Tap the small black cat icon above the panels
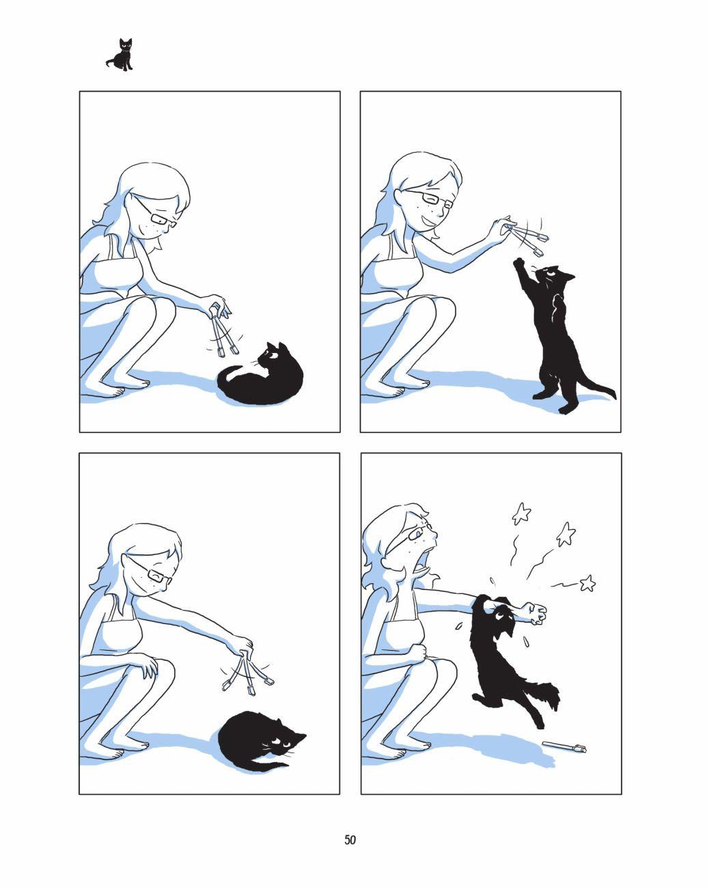click(x=120, y=55)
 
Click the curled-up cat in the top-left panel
click(x=260, y=374)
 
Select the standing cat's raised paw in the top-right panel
click(x=518, y=263)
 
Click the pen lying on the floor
click(x=564, y=747)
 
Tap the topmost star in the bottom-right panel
click(x=521, y=513)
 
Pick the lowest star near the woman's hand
click(x=587, y=583)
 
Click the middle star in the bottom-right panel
click(x=566, y=535)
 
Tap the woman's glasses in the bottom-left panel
click(x=150, y=569)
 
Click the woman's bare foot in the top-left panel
click(x=105, y=389)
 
